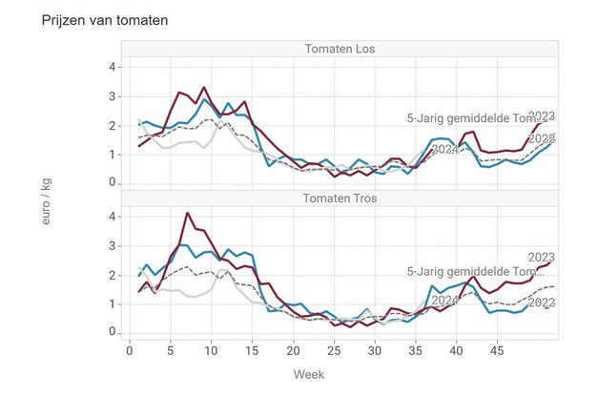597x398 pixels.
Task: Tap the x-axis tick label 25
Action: (x=334, y=350)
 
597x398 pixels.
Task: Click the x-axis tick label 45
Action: (x=497, y=350)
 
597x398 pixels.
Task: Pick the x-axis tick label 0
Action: (x=131, y=350)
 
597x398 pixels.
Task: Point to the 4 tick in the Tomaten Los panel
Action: (x=112, y=67)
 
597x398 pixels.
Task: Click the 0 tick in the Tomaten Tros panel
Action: (x=112, y=332)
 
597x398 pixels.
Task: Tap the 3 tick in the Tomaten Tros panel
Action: (x=112, y=245)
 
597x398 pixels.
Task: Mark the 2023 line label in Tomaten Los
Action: (x=541, y=116)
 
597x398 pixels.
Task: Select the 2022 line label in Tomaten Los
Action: (x=541, y=139)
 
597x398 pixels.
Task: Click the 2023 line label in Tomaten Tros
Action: (x=541, y=257)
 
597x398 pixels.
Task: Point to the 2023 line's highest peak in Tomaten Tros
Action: (x=187, y=213)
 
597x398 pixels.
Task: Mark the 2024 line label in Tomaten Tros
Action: (x=445, y=301)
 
